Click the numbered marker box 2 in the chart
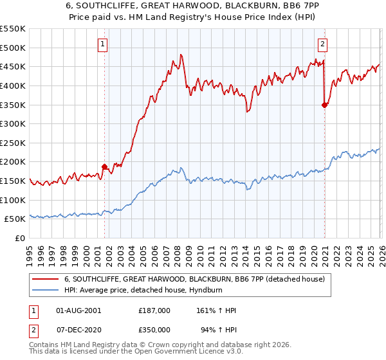[x=322, y=44]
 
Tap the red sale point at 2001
[x=104, y=166]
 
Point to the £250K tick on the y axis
[x=13, y=143]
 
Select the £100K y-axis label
[x=13, y=200]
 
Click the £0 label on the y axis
[x=19, y=238]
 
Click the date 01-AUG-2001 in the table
[x=78, y=310]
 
